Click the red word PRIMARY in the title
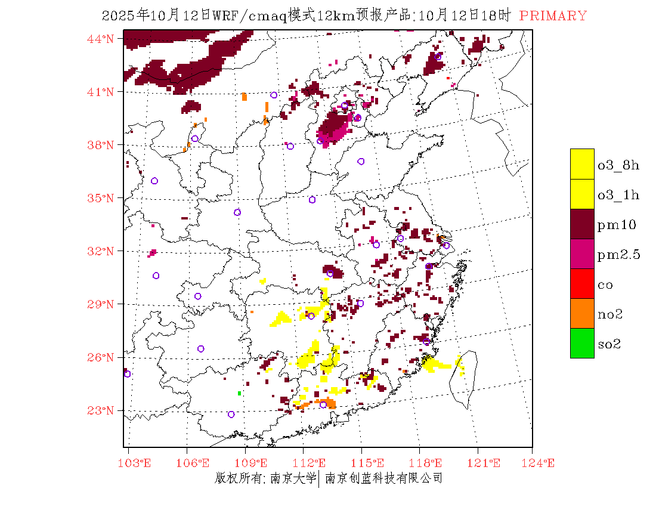point(553,16)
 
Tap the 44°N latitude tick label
point(101,39)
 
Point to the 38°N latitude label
point(101,145)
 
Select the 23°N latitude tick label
point(101,410)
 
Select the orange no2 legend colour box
point(582,313)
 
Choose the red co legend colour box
point(582,283)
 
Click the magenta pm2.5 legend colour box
point(582,253)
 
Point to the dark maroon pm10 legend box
point(582,224)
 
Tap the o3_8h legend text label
point(618,165)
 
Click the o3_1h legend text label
point(618,195)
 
